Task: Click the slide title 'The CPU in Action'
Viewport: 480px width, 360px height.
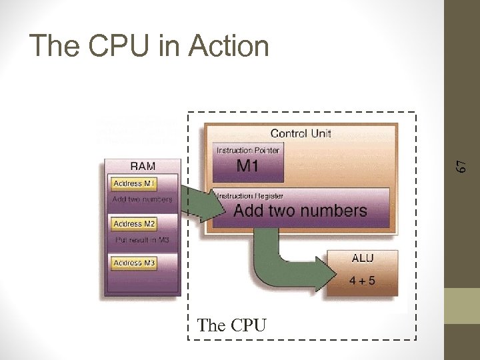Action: pos(149,46)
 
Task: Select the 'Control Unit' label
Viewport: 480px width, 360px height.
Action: pos(301,133)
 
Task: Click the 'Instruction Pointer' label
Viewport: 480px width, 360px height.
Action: pos(247,151)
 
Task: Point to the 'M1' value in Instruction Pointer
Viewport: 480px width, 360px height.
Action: pos(247,166)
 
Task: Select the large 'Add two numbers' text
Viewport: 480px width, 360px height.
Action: pos(300,211)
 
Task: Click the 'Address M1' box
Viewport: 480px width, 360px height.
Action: pos(134,183)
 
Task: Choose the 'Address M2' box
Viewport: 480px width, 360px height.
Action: pos(134,224)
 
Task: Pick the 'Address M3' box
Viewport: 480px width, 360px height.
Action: pos(134,263)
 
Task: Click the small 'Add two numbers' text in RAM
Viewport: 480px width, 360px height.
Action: pos(142,199)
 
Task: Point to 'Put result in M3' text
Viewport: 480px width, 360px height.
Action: pos(142,239)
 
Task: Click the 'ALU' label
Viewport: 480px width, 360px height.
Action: pos(362,258)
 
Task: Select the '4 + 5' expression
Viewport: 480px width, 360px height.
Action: pos(362,281)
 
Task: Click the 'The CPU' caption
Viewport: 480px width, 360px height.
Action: pos(232,325)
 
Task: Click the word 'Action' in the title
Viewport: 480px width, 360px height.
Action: pos(229,46)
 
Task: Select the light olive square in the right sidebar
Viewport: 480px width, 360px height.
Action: pos(462,305)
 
